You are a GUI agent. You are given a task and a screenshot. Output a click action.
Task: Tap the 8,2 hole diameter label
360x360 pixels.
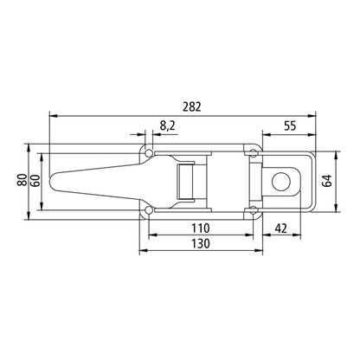168,127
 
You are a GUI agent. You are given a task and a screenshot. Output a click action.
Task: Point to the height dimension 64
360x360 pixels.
327,181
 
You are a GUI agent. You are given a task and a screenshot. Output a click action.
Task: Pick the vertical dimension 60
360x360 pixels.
35,181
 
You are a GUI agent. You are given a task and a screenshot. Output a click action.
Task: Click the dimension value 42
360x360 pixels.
281,228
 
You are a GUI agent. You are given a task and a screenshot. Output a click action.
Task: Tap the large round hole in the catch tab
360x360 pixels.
280,181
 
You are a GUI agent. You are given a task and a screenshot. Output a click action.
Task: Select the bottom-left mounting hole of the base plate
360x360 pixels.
149,210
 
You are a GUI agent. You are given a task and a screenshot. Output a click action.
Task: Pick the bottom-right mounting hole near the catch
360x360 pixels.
252,210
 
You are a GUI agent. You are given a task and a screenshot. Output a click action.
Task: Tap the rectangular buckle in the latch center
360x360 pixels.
183,181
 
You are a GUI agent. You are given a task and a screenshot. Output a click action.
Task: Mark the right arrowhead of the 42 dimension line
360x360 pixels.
304,236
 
